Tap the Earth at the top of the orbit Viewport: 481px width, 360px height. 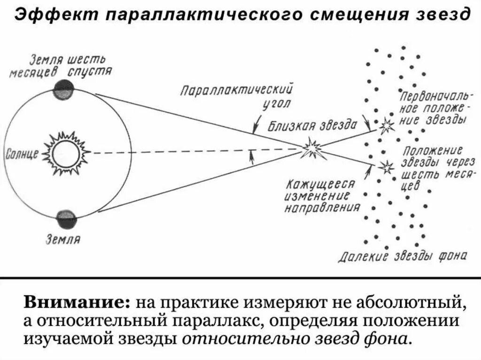point(64,89)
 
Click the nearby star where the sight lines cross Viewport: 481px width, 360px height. point(312,149)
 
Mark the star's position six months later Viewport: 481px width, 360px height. point(388,166)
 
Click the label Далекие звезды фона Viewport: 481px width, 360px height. point(403,256)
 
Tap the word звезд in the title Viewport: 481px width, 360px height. point(444,15)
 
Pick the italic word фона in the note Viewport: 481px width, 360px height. point(390,339)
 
